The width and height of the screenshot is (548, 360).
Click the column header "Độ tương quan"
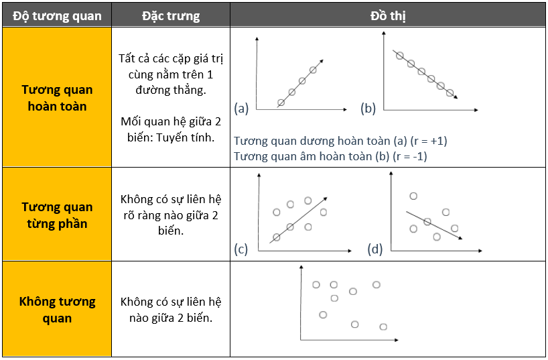[57, 16]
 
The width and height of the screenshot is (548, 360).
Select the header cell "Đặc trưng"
[171, 16]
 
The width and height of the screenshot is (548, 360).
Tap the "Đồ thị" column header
[388, 16]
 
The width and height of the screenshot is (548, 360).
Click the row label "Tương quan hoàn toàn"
[57, 98]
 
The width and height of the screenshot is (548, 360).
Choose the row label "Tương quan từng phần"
[57, 215]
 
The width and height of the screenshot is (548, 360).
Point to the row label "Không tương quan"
[57, 310]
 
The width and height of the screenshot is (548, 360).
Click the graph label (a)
[241, 108]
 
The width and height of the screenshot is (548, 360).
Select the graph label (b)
[368, 108]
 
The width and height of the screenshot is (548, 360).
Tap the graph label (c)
[241, 249]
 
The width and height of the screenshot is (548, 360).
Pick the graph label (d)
[375, 249]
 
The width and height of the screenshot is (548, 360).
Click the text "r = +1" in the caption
[429, 141]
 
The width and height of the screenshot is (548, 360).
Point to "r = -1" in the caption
[409, 156]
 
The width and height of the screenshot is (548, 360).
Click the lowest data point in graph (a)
[281, 103]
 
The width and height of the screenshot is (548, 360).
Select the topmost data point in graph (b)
[400, 56]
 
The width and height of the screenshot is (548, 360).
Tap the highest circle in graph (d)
[413, 196]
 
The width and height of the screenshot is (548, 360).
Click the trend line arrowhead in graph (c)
[326, 198]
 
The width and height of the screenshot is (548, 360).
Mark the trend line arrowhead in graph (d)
[460, 238]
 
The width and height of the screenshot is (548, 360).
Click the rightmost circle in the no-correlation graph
[383, 326]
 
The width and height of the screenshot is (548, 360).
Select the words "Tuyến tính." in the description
[185, 137]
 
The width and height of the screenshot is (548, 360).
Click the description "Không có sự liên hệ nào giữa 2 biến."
[171, 310]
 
